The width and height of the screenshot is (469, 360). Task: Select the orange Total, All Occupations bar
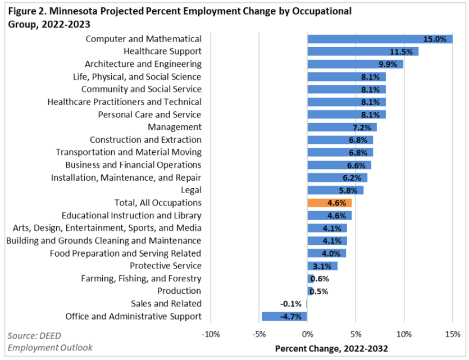coord(329,203)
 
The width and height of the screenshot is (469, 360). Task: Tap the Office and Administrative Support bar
coord(284,316)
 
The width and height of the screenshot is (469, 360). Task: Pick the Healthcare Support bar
coord(362,52)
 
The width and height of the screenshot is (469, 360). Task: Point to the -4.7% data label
coord(290,316)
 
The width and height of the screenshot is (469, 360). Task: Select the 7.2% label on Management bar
coord(365,127)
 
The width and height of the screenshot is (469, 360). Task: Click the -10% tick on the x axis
coord(211,335)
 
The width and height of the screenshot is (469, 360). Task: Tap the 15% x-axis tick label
coord(452,335)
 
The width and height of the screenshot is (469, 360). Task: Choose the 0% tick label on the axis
coord(307,335)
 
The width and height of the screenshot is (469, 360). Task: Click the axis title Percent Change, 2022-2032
coord(331,349)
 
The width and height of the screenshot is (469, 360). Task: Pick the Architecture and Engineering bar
coord(355,65)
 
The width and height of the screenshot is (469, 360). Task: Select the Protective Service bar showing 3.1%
coord(322,266)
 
